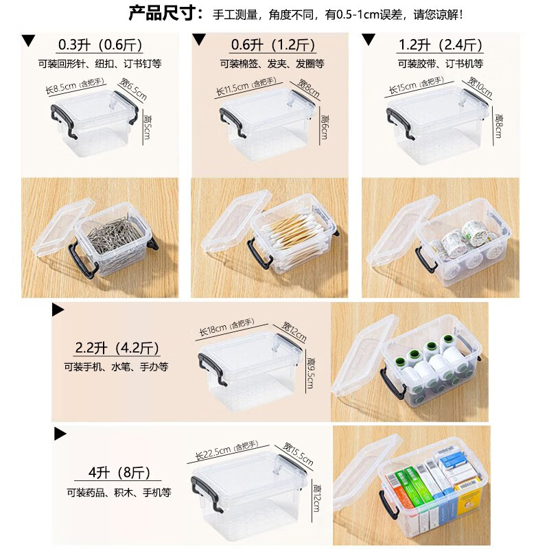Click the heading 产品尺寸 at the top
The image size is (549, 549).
[x=165, y=13]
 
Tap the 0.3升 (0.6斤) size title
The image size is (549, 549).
[x=100, y=46]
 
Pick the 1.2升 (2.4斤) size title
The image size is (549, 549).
[x=441, y=46]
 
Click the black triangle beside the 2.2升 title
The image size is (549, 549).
[x=58, y=309]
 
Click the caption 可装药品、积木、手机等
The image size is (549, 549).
[x=118, y=493]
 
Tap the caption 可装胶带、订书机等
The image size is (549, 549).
[x=441, y=64]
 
